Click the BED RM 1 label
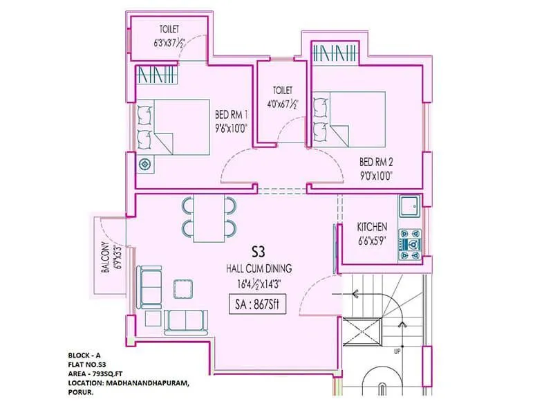coord(231,114)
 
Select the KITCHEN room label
coord(371,227)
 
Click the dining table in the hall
coord(209,217)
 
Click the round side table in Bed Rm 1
coord(145,165)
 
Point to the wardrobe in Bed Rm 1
coord(153,73)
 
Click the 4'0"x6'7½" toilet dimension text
coord(282,105)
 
